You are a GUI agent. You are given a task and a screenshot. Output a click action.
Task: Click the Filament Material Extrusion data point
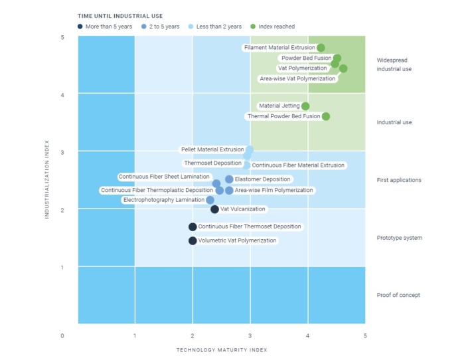tap(321, 48)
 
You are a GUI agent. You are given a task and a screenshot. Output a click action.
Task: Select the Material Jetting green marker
tap(305, 106)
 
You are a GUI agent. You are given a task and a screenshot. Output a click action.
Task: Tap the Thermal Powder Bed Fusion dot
tap(326, 117)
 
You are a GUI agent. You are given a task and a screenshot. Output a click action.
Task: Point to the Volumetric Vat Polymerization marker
tap(193, 240)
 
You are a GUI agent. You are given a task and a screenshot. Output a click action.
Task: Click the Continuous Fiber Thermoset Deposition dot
tap(193, 226)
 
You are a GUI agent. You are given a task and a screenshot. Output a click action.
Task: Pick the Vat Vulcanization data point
tap(214, 209)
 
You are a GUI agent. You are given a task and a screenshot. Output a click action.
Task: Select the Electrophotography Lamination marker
tap(210, 200)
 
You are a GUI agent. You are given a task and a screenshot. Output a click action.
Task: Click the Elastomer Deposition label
tap(263, 179)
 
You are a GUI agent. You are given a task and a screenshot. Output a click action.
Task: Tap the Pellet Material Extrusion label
tap(212, 150)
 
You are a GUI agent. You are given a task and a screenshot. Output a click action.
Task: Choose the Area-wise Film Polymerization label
tap(273, 191)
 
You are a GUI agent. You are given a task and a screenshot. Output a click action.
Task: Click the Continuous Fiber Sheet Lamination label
tap(164, 177)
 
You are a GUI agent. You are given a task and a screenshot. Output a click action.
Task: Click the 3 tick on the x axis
tap(250, 335)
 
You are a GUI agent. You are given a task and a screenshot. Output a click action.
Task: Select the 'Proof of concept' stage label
tap(398, 296)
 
